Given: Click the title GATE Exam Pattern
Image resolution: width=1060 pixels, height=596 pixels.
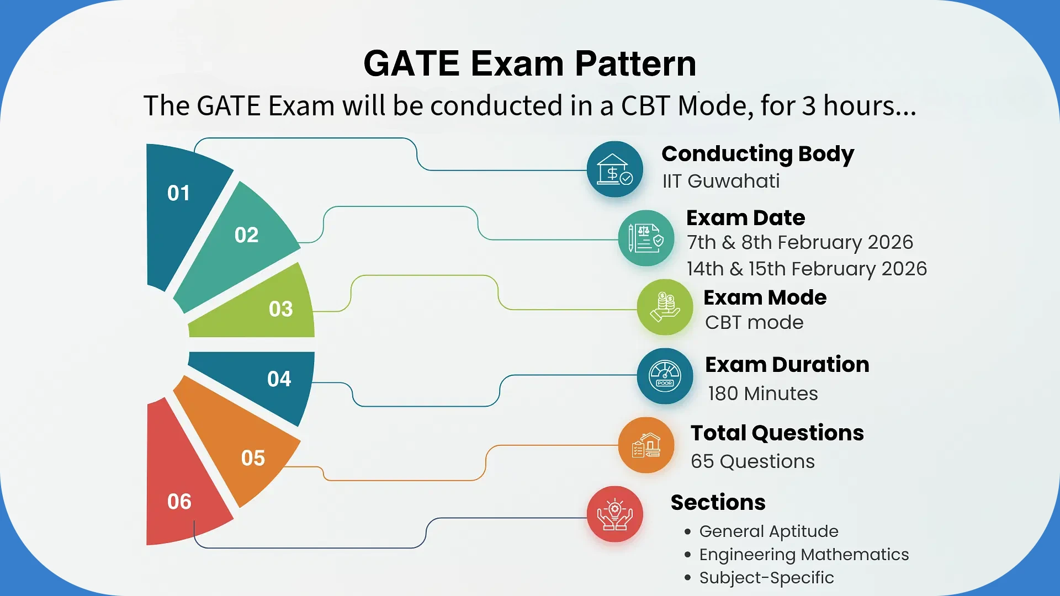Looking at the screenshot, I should click(x=529, y=63).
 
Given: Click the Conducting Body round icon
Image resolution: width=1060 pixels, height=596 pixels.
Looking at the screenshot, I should click(x=614, y=169).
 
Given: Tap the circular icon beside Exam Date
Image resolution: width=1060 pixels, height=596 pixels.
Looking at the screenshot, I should click(x=646, y=238).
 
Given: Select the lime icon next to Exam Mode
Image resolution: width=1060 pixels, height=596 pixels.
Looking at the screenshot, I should click(x=665, y=307).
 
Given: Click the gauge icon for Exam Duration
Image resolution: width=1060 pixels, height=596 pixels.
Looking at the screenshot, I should click(x=665, y=376).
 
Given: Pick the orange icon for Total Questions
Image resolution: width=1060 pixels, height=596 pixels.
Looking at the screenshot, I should click(x=646, y=445).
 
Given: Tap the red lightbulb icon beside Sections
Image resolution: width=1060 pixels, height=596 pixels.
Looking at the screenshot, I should click(x=614, y=514).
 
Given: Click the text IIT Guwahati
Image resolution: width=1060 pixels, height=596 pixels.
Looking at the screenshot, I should click(x=721, y=181).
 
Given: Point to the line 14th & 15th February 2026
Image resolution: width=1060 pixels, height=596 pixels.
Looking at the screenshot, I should click(x=807, y=269).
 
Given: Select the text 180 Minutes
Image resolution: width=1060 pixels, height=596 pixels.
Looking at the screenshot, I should click(x=762, y=393).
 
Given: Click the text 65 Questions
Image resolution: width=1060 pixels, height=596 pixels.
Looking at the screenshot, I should click(x=752, y=461).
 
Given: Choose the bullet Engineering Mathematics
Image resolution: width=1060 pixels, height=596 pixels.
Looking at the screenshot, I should click(x=803, y=555).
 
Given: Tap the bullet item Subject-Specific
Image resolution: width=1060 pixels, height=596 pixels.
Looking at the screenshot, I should click(x=766, y=578).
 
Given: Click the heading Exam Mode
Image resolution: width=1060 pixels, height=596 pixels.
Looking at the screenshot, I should click(x=765, y=297).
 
